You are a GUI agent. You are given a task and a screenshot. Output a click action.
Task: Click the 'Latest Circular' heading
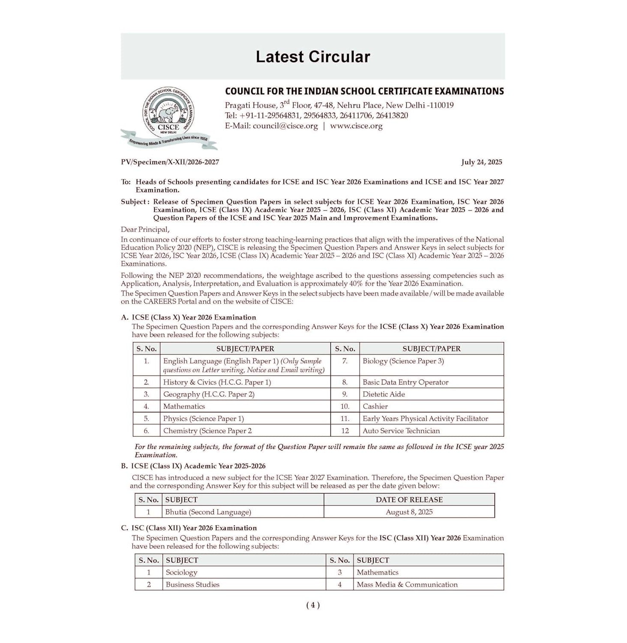coord(312,57)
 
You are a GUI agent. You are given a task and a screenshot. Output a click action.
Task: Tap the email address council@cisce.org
coord(285,126)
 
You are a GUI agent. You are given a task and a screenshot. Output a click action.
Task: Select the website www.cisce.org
coord(356,126)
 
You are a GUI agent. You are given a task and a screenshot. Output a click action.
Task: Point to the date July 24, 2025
coord(481,162)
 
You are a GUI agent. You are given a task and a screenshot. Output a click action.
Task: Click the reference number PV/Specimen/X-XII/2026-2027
coord(170,162)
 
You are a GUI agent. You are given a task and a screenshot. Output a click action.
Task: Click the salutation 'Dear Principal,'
coord(145,229)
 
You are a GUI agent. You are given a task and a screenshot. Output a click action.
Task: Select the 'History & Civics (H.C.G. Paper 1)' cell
coord(217,382)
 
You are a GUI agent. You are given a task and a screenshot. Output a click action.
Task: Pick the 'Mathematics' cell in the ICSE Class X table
coord(184,406)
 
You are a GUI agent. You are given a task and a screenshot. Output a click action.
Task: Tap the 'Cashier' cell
coord(375,406)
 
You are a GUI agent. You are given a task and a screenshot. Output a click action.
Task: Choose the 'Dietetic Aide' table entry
coord(384,394)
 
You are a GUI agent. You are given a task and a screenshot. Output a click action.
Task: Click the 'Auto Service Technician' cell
coord(401,431)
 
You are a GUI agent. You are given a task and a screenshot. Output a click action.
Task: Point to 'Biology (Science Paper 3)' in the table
coord(403,361)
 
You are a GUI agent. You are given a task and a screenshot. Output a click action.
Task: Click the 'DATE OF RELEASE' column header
coord(409,500)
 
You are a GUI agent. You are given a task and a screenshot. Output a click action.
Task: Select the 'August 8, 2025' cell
coord(409,512)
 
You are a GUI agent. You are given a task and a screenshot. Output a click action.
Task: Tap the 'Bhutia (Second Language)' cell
coord(208,512)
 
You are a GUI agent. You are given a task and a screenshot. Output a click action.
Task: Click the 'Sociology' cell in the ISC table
coord(181,572)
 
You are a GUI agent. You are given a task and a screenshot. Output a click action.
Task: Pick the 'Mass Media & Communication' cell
coord(407,584)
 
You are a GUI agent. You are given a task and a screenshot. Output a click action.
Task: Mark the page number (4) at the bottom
coord(313,605)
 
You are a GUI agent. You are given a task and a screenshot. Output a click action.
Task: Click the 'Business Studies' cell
coord(192,584)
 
